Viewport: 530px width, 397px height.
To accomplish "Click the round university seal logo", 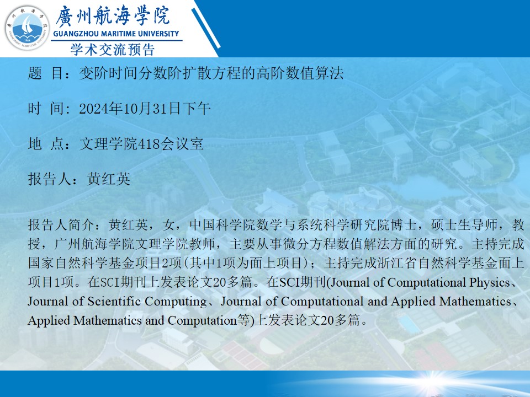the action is click(x=28, y=28).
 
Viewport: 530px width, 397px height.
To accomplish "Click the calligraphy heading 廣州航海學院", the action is click(x=113, y=16).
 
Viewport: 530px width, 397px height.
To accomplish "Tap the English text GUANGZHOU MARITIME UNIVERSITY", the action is click(x=116, y=34).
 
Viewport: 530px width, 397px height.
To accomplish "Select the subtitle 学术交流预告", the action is click(x=113, y=50).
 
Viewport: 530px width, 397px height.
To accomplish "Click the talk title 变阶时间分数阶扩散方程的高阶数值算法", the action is click(x=211, y=73).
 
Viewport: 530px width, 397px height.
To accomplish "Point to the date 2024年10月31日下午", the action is click(x=145, y=109).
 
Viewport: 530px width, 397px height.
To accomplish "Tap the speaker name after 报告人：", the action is click(x=109, y=179).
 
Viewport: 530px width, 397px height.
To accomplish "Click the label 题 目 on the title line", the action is click(x=45, y=73).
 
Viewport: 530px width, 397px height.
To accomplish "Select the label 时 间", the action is click(x=45, y=109).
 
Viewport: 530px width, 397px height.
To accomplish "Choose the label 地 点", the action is click(x=45, y=144).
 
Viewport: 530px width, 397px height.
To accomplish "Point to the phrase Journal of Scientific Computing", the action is click(x=117, y=301).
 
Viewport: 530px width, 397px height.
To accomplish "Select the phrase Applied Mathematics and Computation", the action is click(x=132, y=320).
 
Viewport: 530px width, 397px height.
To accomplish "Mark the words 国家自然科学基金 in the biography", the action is click(x=81, y=263).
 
